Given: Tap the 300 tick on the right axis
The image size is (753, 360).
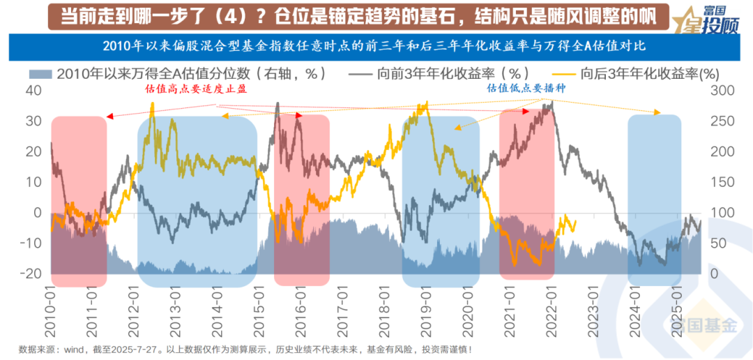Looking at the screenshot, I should pos(722,91).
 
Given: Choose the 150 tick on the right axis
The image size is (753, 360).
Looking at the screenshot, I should pos(722,182).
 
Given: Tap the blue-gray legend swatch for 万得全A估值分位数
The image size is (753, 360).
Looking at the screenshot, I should pos(41,73).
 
